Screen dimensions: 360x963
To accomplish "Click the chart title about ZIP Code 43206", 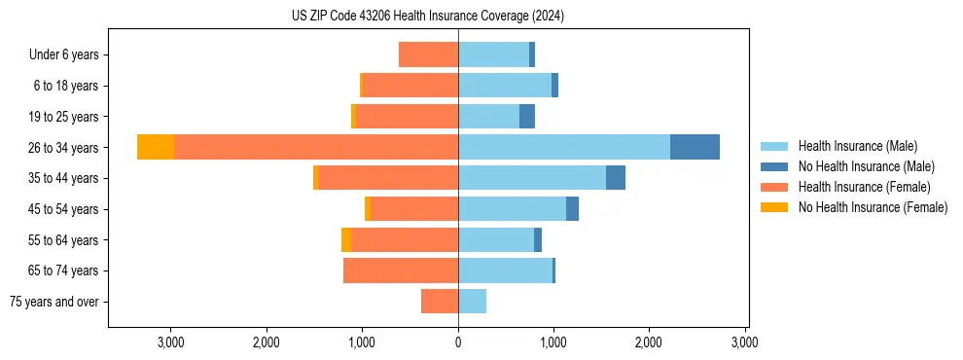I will tap(428, 17).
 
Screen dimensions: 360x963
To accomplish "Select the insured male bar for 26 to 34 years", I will tap(564, 147).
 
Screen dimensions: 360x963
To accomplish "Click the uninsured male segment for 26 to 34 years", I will tap(695, 147).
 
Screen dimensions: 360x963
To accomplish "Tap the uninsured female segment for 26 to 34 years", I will tap(156, 147).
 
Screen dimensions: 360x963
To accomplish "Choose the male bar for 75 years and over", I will tap(472, 302).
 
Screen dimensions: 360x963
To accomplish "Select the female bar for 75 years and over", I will tap(440, 302).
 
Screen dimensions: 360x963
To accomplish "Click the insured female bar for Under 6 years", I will tap(428, 54).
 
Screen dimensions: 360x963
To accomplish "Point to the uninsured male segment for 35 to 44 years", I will tap(616, 178).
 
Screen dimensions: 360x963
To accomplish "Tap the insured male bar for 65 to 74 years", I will tap(505, 270).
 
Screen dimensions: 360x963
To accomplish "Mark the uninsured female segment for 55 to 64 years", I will tap(346, 239).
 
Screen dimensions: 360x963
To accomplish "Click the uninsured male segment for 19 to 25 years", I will tap(527, 117).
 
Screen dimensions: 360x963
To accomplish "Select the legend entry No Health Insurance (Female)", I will tap(873, 207).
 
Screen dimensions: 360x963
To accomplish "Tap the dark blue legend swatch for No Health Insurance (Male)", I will tap(774, 166).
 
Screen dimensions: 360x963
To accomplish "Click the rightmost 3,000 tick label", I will tap(744, 342).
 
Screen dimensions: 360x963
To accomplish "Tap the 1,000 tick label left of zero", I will tap(362, 342).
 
